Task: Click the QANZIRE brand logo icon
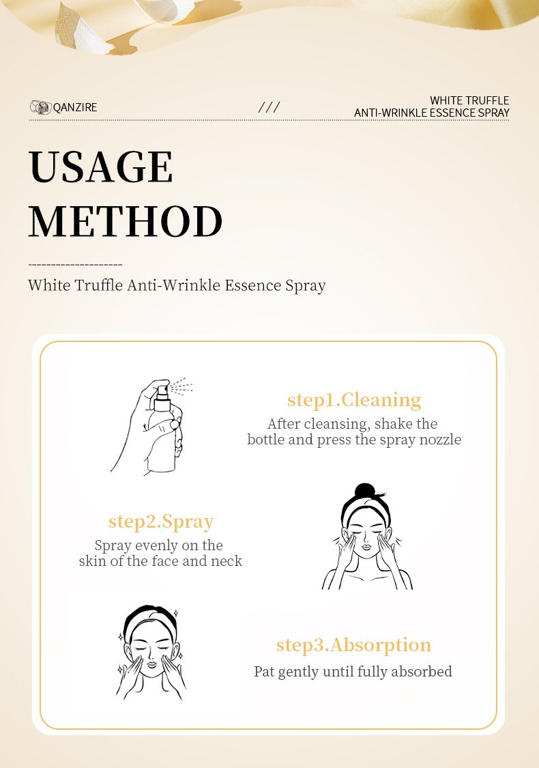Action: click(41, 107)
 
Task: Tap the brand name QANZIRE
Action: click(75, 107)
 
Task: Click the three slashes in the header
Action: click(269, 107)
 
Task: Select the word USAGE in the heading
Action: click(101, 167)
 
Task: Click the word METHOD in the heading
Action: click(126, 221)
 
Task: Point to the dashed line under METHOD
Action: click(75, 265)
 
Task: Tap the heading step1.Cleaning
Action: click(354, 400)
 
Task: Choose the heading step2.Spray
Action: click(161, 522)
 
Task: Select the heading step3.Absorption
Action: click(353, 646)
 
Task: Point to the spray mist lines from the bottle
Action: click(181, 386)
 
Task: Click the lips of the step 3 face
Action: click(151, 665)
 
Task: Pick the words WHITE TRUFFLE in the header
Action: click(469, 100)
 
